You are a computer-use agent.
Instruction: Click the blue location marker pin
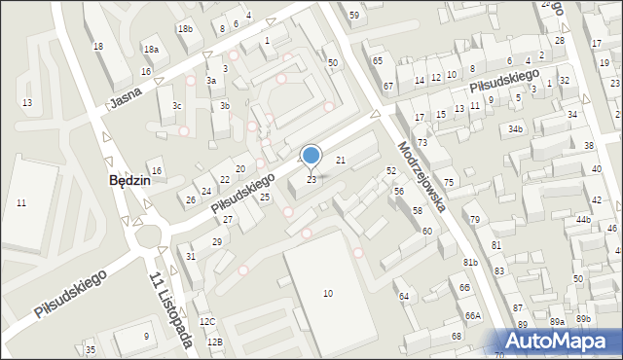[311, 156]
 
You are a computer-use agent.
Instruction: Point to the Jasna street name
[127, 95]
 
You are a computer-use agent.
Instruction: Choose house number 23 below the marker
[311, 179]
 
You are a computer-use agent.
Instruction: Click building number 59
[354, 15]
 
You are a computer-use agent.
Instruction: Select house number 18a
[151, 49]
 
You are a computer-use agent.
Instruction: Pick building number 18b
[185, 29]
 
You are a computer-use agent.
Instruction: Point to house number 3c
[177, 105]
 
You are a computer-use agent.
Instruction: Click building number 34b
[515, 128]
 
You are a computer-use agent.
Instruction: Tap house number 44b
[583, 220]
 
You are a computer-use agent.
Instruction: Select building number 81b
[470, 263]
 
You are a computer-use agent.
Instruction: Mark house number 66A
[473, 315]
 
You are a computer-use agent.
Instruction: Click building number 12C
[206, 321]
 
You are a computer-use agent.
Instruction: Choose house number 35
[91, 349]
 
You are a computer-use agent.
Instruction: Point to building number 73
[422, 143]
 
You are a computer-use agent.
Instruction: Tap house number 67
[388, 87]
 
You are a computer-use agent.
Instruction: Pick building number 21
[341, 159]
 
